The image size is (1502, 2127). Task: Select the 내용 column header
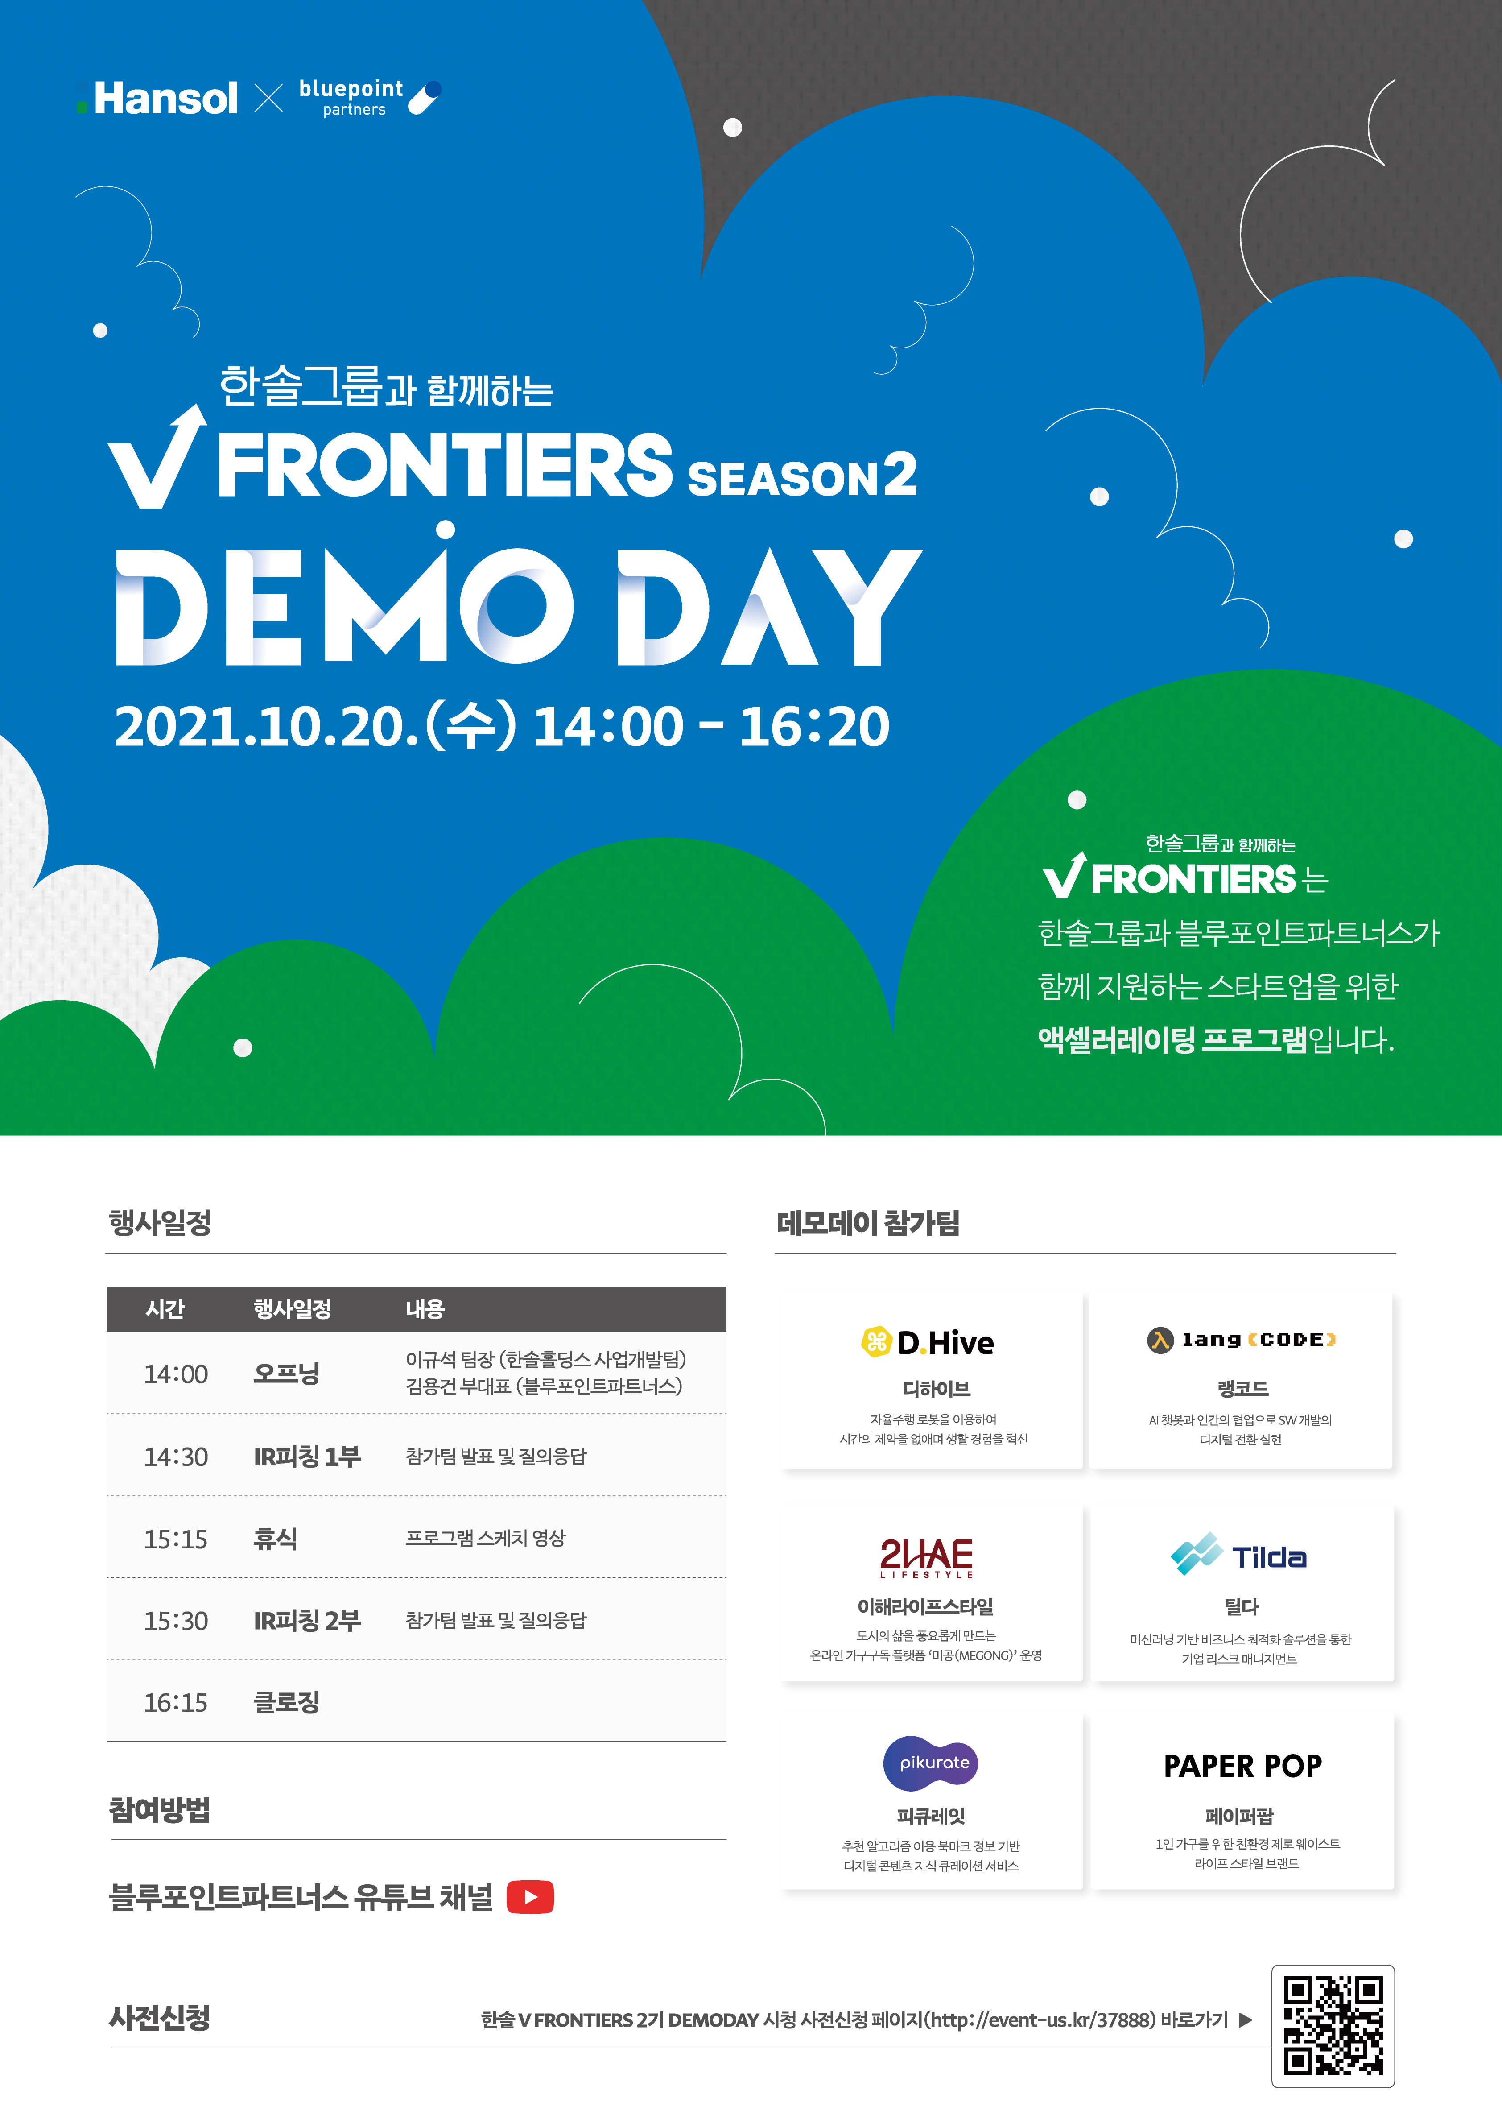(x=425, y=1309)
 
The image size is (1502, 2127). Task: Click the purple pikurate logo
(x=931, y=1763)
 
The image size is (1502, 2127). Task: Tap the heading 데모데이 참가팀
(x=868, y=1223)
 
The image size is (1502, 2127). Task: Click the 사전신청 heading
(x=159, y=2018)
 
